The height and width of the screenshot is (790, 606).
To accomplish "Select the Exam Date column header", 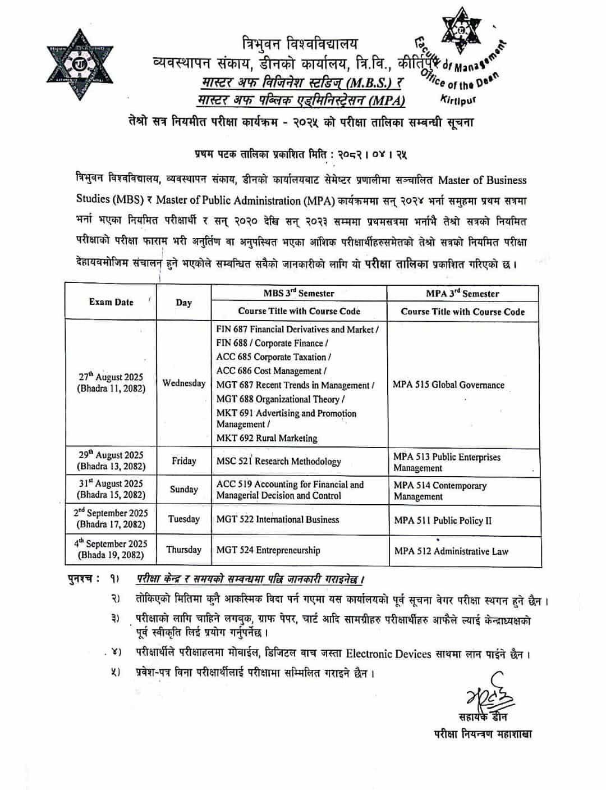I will coord(111,302).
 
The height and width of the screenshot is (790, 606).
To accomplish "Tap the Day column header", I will coord(183,303).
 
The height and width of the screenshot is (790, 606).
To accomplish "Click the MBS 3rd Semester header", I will coord(299,293).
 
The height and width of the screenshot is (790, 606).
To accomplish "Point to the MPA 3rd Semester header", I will coord(462,294).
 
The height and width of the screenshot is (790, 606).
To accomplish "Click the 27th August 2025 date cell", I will coord(111,382).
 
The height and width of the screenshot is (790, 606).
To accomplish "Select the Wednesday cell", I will coord(183,383).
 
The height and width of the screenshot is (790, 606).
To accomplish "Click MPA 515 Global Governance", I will coord(448,385).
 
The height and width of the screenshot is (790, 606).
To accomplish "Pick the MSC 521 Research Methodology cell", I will coord(278,462).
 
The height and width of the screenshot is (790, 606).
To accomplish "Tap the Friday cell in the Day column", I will coord(183,461).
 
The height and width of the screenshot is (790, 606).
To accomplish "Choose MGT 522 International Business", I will coord(277,519).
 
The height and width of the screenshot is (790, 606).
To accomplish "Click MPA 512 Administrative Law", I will coord(451,551).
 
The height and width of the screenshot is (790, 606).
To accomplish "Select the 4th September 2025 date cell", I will coord(111,549).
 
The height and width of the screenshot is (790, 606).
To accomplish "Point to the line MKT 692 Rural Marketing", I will coord(267,438).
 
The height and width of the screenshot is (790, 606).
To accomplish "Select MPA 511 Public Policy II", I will coord(443,520).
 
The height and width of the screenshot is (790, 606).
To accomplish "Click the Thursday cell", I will coord(183,550).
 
